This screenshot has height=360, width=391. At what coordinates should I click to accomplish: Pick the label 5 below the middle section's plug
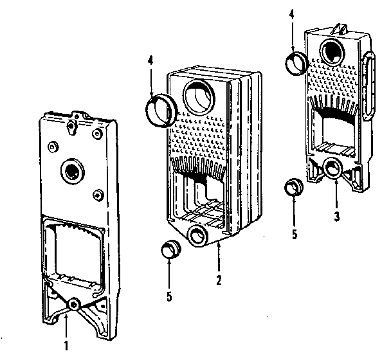(168, 298)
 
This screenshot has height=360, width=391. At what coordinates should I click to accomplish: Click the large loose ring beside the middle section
(161, 109)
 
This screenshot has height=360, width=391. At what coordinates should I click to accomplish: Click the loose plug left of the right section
(295, 188)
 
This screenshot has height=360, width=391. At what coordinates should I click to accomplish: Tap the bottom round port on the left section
(74, 304)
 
